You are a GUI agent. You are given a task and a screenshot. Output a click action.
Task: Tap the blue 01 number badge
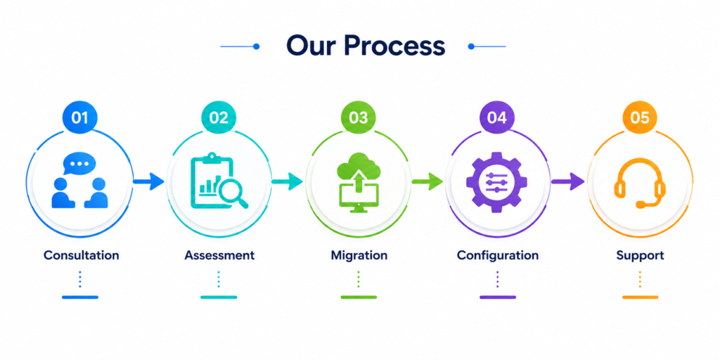(x=80, y=117)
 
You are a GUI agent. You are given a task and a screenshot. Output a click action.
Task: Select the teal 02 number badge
(x=219, y=117)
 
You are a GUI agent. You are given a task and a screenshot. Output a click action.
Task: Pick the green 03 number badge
(x=358, y=117)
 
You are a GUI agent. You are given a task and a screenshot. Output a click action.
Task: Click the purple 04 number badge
(x=497, y=117)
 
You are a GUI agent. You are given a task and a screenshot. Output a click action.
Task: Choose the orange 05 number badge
(x=640, y=117)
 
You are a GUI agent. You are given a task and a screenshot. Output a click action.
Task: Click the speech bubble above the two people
(x=79, y=164)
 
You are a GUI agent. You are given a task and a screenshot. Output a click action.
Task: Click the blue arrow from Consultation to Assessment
(x=148, y=182)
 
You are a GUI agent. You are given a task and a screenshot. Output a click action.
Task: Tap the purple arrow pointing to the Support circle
(x=567, y=182)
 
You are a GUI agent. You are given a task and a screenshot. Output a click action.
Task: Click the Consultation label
(x=82, y=255)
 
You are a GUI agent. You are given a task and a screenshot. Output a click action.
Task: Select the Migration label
(x=359, y=255)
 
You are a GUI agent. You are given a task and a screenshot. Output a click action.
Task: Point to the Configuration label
(x=498, y=255)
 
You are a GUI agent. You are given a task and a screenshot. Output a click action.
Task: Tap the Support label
(x=640, y=255)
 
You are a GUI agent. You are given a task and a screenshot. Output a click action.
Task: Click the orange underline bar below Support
(x=640, y=297)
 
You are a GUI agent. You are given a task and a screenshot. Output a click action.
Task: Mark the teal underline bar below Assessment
(x=219, y=297)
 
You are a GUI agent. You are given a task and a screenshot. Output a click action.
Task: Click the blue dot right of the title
(x=470, y=46)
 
